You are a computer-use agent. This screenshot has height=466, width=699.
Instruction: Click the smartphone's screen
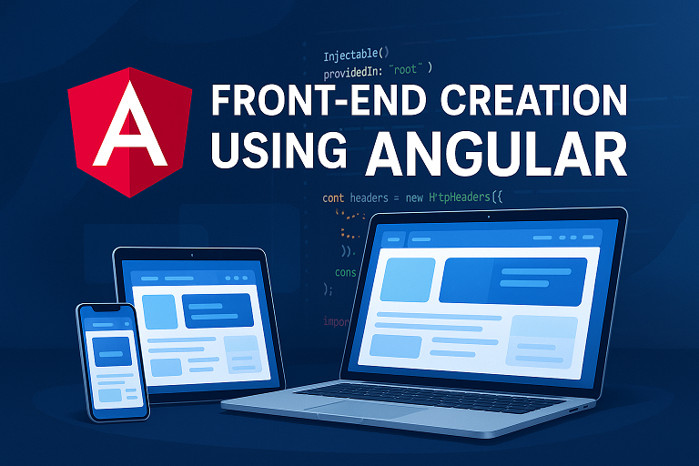coord(112,360)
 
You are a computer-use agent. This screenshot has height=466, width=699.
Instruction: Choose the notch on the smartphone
coord(107,309)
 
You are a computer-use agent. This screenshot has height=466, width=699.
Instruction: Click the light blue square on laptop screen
coord(406,279)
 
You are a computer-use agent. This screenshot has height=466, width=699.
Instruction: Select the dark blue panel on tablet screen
coord(218,310)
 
